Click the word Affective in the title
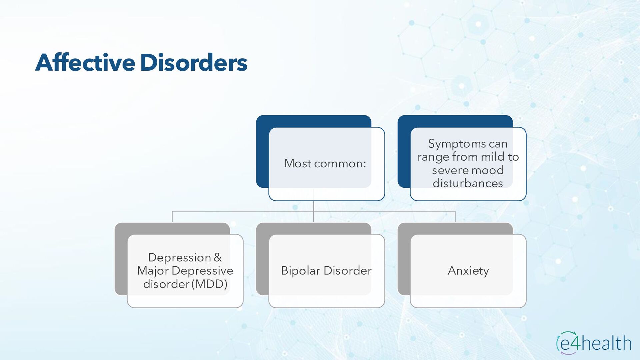[85, 63]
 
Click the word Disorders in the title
[194, 63]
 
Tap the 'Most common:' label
[325, 163]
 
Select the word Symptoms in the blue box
[456, 144]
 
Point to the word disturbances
[468, 183]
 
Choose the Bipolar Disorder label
[326, 271]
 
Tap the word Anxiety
[468, 271]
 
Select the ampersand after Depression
[218, 257]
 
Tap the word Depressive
[202, 271]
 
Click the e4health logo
[594, 343]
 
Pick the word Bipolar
[301, 271]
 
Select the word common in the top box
[340, 163]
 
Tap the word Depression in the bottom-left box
[179, 257]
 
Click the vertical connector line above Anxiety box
[455, 217]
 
